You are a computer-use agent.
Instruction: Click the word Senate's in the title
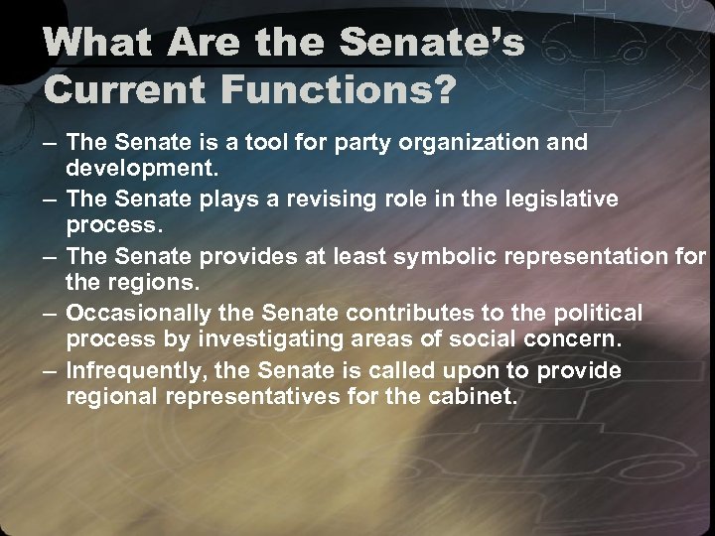point(432,43)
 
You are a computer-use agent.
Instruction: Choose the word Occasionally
point(138,314)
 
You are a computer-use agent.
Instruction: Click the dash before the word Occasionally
point(51,314)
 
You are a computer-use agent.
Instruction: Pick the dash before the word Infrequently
point(51,370)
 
